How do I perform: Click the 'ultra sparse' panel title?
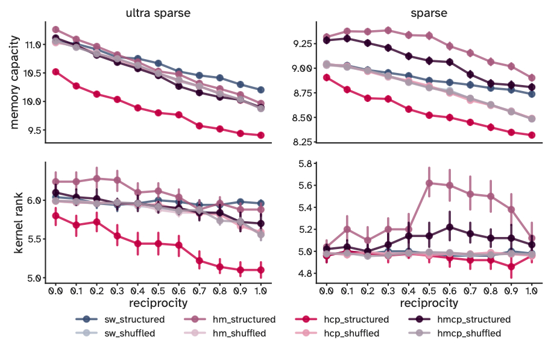pos(158,12)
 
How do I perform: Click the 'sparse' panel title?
pos(428,12)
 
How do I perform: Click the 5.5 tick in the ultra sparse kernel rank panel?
pos(35,239)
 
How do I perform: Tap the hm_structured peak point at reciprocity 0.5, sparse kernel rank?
pos(429,183)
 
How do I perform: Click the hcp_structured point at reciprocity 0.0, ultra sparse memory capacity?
pos(55,71)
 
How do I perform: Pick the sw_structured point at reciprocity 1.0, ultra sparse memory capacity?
pos(260,90)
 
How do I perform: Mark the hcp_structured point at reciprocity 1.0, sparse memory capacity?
pos(531,135)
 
